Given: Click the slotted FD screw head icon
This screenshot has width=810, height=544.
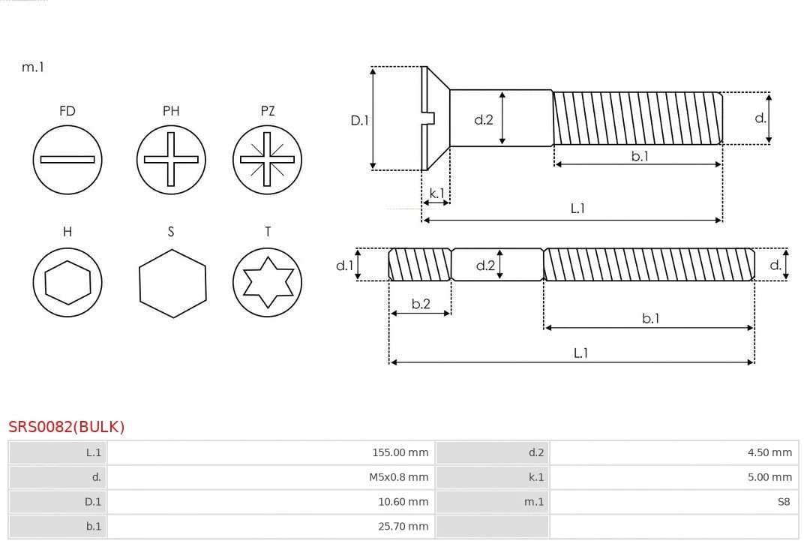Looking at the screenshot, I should pos(67,160).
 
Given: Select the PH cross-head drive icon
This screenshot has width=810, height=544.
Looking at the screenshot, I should pos(171,160).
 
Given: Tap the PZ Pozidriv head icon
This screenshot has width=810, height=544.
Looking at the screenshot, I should pos(267,160).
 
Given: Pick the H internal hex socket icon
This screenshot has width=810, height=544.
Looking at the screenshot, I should pos(67,283).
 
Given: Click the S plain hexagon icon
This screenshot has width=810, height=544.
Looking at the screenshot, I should pos(172,284).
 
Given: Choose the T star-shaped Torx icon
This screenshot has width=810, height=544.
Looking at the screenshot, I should pos(267,283).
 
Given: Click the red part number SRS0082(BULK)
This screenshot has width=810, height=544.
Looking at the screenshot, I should pos(67,427).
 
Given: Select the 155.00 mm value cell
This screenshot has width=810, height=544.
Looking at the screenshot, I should pos(400,452).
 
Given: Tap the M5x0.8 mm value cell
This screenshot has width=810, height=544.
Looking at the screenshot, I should pos(398,477).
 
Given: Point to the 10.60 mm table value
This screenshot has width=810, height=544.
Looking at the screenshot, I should pos(403,502).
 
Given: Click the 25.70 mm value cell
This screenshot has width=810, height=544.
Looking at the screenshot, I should pos(403,527).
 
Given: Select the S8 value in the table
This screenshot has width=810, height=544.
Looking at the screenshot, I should pos(784,502).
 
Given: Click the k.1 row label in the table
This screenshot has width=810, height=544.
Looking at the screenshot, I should pos(535,477).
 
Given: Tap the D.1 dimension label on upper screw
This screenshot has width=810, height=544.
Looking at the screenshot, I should pos(360,119).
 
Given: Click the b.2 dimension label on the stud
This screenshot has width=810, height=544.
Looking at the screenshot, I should pos(421,304).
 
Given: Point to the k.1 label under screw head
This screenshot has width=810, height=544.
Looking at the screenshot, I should pos(436,194).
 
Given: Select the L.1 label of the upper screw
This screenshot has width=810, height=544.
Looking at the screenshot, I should pos(577,209).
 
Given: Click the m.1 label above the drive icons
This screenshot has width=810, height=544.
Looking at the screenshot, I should pos(32,67).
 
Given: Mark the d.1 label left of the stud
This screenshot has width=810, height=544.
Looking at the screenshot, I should pos(344,265).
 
